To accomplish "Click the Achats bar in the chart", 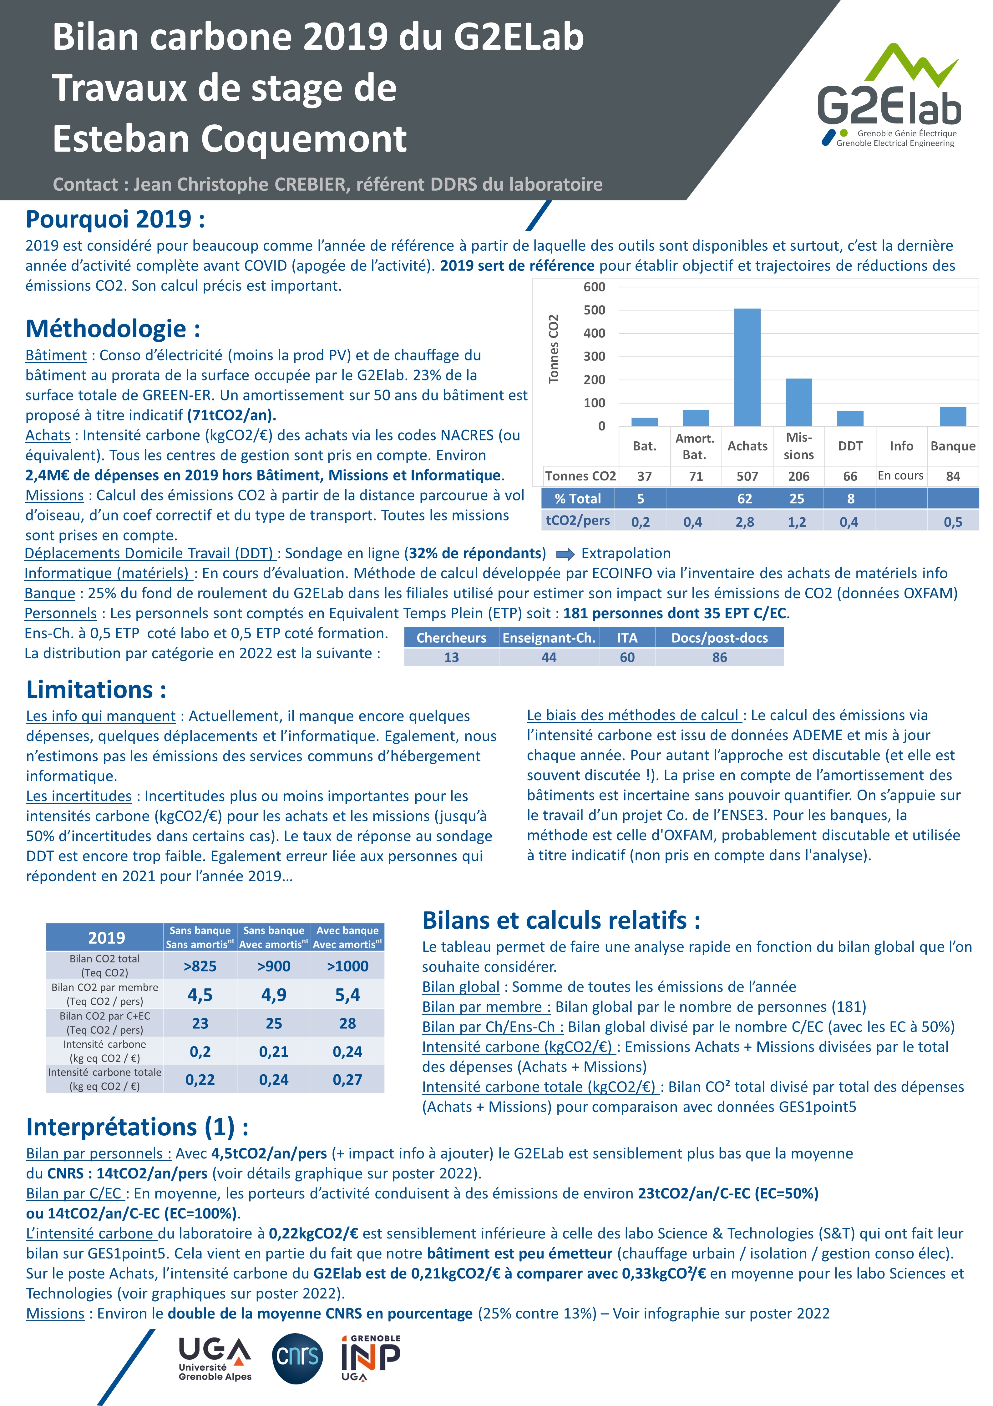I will (x=747, y=367).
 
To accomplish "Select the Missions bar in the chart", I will (x=799, y=402).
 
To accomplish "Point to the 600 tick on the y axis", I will (x=594, y=287).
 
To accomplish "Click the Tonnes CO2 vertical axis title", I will (x=554, y=349).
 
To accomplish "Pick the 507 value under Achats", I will (x=747, y=476).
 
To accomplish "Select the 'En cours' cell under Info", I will (x=900, y=476).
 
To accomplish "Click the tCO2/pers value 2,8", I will (x=745, y=522).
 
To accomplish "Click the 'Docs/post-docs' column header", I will (x=719, y=638).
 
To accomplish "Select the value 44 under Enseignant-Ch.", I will (x=549, y=658).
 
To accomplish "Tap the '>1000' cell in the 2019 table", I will (x=347, y=966).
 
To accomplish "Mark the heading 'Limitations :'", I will (x=96, y=690).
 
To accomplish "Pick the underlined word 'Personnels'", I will (x=61, y=614).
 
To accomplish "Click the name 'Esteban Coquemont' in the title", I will (x=230, y=139).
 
